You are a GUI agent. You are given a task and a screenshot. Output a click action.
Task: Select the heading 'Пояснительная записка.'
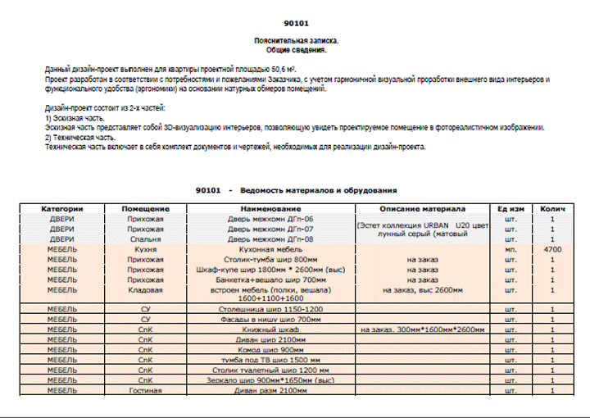(x=296, y=41)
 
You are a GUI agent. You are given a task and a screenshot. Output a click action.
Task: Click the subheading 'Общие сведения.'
(x=296, y=50)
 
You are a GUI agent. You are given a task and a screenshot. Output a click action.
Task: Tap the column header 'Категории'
(x=63, y=209)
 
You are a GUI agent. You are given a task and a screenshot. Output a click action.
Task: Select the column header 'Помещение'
(x=146, y=209)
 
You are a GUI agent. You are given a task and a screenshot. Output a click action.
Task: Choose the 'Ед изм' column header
(x=511, y=209)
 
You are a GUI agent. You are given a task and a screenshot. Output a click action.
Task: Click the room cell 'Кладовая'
(x=146, y=289)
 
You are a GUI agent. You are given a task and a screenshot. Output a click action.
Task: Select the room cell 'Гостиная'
(x=146, y=390)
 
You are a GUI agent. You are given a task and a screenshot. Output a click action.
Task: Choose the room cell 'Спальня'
(x=146, y=239)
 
